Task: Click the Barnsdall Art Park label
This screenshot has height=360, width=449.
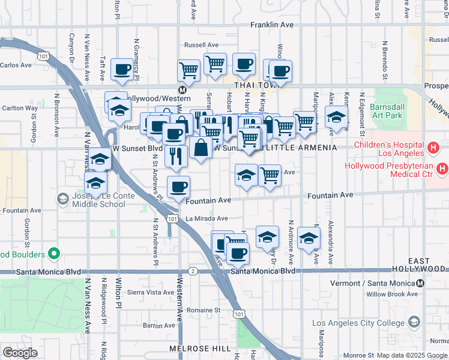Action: tap(388, 111)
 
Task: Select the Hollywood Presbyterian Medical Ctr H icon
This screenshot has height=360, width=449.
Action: tap(442, 169)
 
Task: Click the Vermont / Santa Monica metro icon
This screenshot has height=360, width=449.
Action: tap(421, 283)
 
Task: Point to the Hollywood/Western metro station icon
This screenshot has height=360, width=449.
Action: tap(173, 98)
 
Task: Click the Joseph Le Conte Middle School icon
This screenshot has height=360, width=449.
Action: tap(62, 199)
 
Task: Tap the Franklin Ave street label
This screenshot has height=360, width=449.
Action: tap(273, 25)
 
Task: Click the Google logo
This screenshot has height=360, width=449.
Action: tap(20, 352)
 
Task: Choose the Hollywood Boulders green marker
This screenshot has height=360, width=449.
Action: tap(54, 254)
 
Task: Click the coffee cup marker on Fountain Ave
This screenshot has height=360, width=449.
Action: tap(178, 188)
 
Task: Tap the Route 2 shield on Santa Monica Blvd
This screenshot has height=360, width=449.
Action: tap(193, 271)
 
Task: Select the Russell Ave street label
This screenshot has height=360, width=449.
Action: tap(201, 45)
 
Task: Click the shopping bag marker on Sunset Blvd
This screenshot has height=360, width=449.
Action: tap(200, 148)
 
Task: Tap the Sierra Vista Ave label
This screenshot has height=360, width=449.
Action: tap(151, 292)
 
